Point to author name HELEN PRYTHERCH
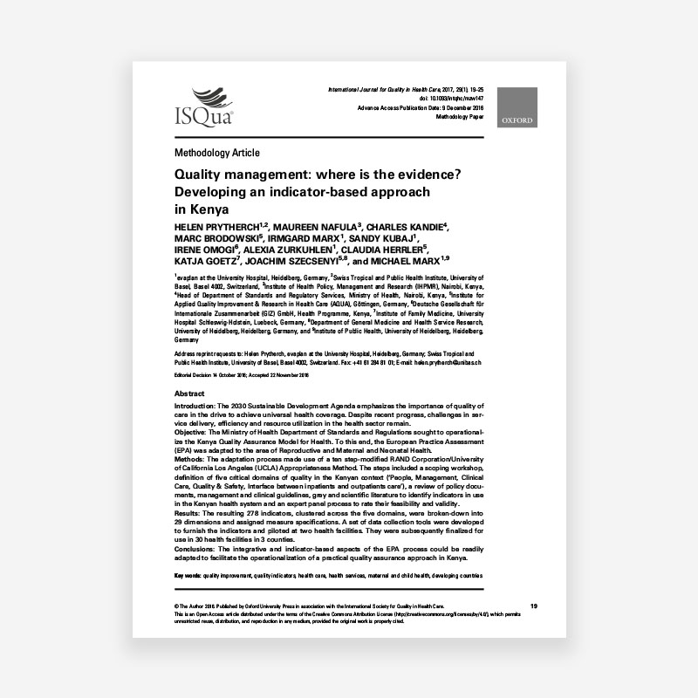tap(209, 226)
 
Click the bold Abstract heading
tap(190, 394)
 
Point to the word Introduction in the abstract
tap(198, 407)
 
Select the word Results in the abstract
tap(191, 514)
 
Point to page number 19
tap(534, 606)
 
